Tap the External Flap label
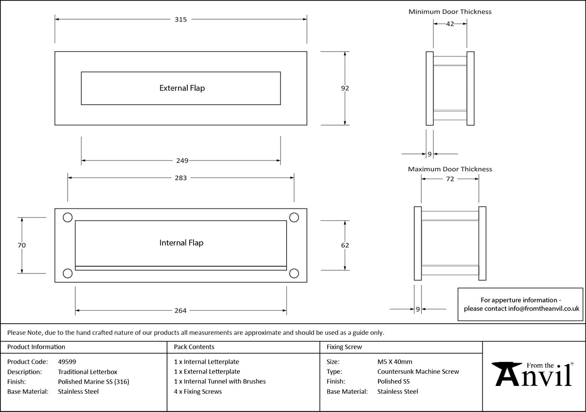(x=182, y=88)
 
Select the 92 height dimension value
(x=345, y=88)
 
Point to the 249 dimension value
(x=181, y=161)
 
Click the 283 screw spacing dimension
(x=181, y=178)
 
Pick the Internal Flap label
(x=181, y=243)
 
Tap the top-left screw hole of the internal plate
(x=68, y=218)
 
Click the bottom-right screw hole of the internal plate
(x=294, y=274)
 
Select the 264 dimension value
(x=181, y=311)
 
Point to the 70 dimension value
(x=21, y=245)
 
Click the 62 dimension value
(x=345, y=245)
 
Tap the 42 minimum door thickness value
(x=450, y=24)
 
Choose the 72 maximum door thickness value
(x=450, y=179)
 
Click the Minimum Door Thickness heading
(x=450, y=12)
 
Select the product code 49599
(x=67, y=361)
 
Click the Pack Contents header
(x=194, y=347)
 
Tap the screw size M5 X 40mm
(x=394, y=361)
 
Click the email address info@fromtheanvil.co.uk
(x=544, y=309)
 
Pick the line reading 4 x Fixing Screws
(x=198, y=392)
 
